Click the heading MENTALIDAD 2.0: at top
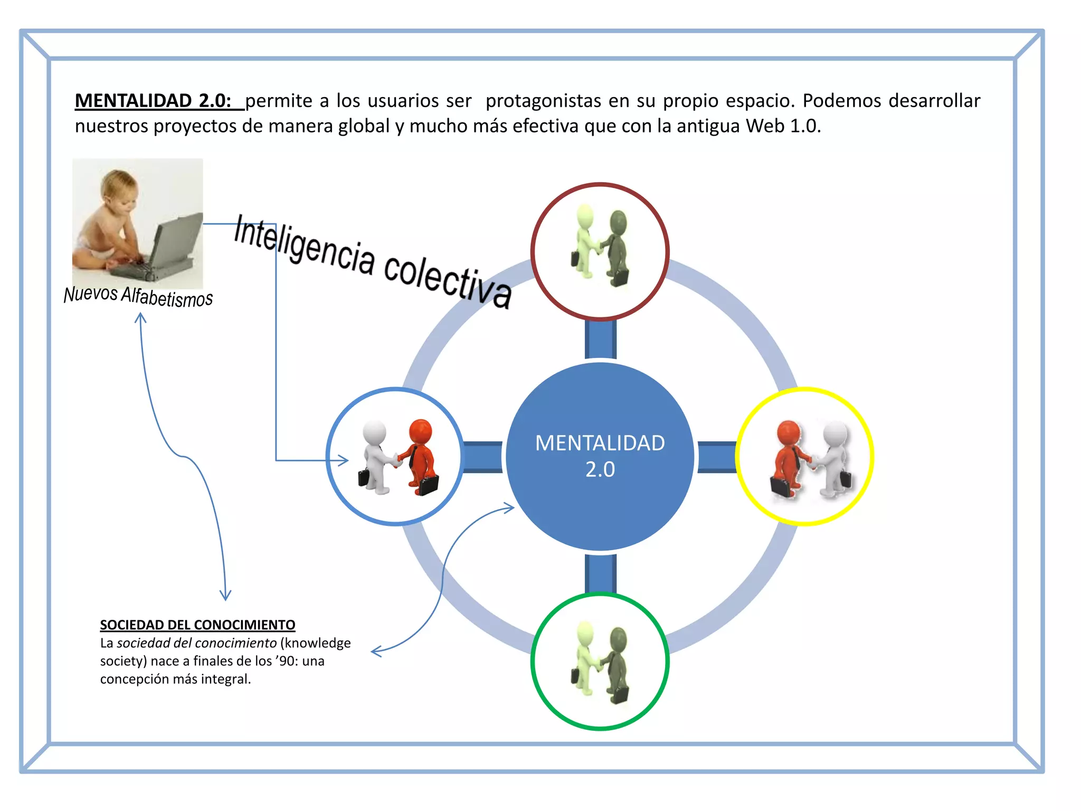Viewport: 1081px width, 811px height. coord(153,100)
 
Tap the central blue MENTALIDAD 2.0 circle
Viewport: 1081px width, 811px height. coord(600,456)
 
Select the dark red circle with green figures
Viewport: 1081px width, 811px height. coord(600,251)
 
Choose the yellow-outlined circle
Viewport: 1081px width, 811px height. coord(805,456)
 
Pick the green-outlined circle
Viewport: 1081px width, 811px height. coord(600,661)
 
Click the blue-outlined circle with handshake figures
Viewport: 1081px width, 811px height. coord(395,456)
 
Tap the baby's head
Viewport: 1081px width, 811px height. coord(119,187)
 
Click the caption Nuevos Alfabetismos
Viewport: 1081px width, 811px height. coord(138,296)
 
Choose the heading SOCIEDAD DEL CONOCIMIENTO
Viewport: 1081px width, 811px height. coord(197,625)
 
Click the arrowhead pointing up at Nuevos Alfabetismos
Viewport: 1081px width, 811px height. coord(140,317)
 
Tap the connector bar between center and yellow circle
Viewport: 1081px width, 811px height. coord(717,457)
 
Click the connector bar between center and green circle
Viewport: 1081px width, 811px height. coord(600,573)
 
